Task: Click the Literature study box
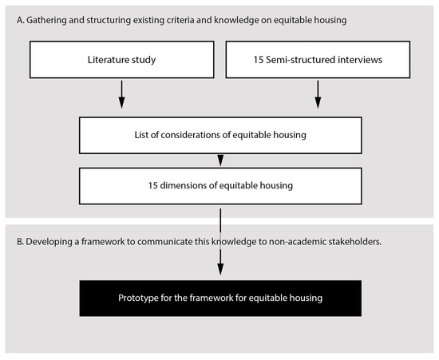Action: click(121, 59)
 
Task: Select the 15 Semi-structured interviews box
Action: click(318, 59)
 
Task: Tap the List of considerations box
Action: click(219, 136)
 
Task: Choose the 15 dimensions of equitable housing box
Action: click(219, 187)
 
